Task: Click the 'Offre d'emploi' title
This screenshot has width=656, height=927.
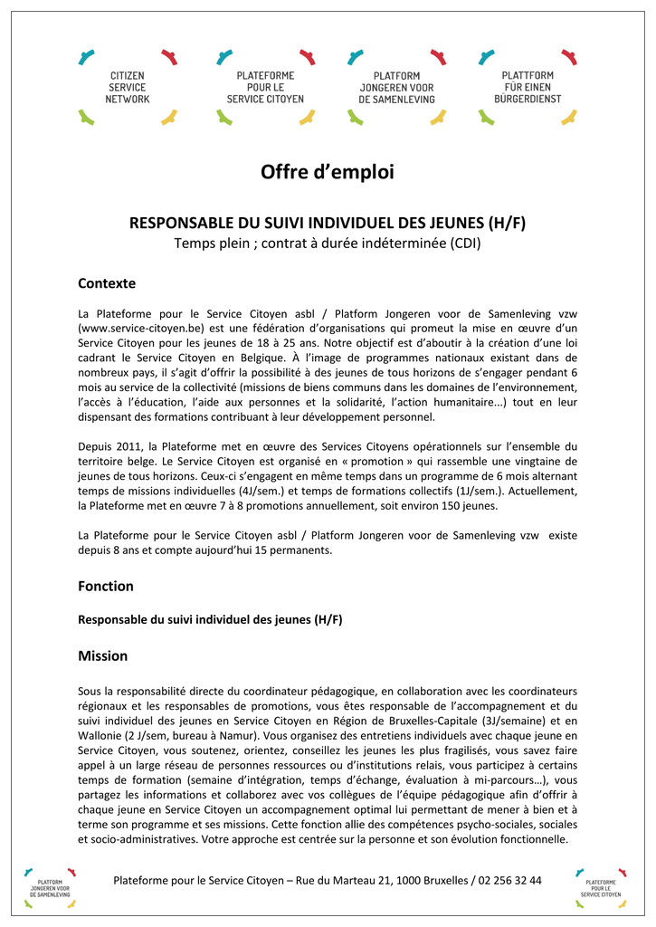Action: [x=328, y=172]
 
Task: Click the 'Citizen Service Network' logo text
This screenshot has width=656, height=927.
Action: [x=128, y=87]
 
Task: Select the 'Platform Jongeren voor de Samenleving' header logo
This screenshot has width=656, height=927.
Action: [x=396, y=87]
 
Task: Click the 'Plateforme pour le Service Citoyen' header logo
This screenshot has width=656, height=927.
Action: [x=265, y=87]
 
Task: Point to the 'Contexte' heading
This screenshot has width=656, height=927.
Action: [x=107, y=283]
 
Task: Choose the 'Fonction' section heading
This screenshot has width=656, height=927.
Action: [x=106, y=586]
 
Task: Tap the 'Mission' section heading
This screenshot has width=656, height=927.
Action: [x=103, y=655]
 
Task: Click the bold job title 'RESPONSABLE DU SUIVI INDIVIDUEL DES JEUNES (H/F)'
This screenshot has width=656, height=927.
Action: [x=328, y=223]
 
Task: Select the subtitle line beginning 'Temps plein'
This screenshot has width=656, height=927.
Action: [x=328, y=244]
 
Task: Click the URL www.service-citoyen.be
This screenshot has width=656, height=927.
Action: [x=141, y=327]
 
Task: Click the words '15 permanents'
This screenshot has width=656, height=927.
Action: [x=295, y=550]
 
